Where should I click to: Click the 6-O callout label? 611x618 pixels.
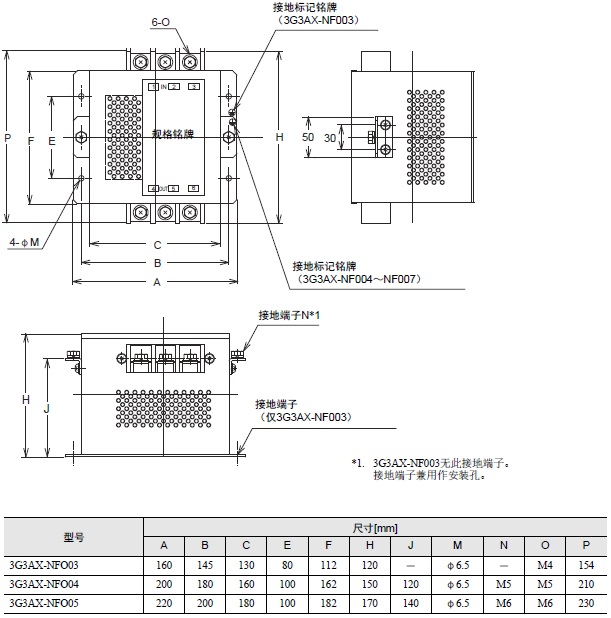[160, 21]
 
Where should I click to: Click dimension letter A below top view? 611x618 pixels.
[156, 283]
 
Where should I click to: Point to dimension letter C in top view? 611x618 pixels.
[156, 243]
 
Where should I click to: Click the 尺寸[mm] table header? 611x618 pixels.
[374, 526]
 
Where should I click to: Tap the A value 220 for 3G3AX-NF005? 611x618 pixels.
[165, 603]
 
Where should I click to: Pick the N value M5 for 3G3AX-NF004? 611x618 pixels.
[504, 583]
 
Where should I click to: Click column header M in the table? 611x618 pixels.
[456, 545]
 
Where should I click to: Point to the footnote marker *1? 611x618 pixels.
[357, 464]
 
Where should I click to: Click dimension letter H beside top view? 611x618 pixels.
[280, 135]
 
